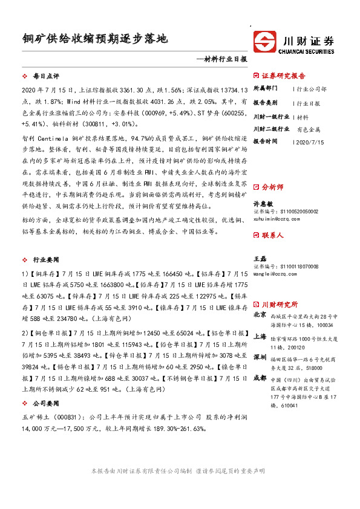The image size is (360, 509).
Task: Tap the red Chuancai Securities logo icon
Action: pos(264,42)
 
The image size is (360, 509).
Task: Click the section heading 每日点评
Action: pos(46,77)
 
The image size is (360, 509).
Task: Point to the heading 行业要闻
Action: pos(46,259)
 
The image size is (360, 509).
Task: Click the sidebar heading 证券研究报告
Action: pos(284,76)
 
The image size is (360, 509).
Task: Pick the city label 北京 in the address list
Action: pos(260,314)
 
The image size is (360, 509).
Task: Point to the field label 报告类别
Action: pos(265,103)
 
